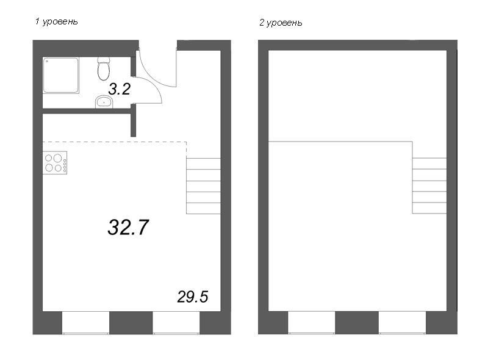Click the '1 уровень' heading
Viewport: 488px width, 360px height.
tap(56, 21)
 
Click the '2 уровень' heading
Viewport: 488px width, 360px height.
tap(281, 23)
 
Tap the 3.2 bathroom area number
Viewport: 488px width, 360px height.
tap(119, 89)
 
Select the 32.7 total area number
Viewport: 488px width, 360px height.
tap(128, 227)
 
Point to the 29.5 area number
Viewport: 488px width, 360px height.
tap(193, 297)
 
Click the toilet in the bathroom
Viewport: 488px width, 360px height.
tap(104, 68)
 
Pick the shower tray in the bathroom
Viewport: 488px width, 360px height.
tap(60, 75)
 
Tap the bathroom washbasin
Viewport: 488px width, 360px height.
tap(104, 102)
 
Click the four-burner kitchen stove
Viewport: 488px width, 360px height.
tap(55, 162)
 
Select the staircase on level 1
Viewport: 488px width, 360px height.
tap(204, 186)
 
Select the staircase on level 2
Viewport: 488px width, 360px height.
tap(429, 185)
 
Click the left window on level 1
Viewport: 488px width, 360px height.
tap(85, 323)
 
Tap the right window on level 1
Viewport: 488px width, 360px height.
tap(176, 323)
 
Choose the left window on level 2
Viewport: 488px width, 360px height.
tap(312, 323)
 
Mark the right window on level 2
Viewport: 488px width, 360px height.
tap(403, 323)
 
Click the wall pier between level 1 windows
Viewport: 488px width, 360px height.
tap(131, 323)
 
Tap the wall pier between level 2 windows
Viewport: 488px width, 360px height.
tap(357, 323)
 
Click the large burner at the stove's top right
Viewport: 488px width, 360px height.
tap(57, 158)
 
